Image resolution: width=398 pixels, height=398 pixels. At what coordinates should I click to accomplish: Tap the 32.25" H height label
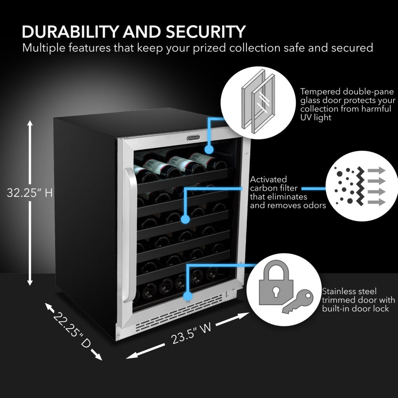coord(30,193)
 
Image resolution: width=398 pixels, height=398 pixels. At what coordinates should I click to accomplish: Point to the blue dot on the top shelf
coord(209,149)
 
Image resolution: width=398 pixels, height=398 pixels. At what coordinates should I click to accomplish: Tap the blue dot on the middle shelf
coord(185,220)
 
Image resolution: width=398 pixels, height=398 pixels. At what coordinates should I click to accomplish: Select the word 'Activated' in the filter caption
coord(269,180)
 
